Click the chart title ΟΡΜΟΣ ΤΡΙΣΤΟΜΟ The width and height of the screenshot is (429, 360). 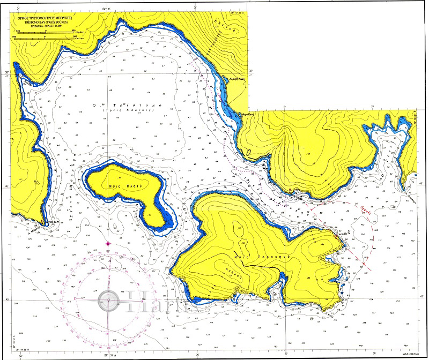point(47,17)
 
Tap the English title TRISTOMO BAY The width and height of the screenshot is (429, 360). point(46,21)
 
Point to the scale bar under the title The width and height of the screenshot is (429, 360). point(47,33)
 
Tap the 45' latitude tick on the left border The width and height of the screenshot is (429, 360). point(8,299)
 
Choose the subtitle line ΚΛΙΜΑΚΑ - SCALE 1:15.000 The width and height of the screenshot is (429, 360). point(47,25)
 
